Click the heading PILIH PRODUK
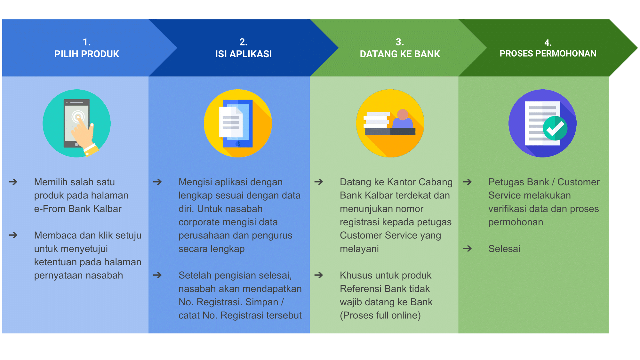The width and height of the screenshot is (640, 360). (x=87, y=54)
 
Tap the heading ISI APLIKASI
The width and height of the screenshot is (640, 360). (x=243, y=54)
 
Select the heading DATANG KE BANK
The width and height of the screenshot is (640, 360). (x=400, y=54)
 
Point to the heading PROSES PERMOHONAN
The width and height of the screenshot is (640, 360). (x=548, y=53)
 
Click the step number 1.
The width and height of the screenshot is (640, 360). (x=86, y=42)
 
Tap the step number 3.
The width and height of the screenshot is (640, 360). (x=399, y=42)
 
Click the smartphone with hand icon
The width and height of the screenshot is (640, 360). (x=77, y=123)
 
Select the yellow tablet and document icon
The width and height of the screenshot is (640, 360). (x=238, y=123)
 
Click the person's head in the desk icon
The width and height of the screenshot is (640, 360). (x=403, y=114)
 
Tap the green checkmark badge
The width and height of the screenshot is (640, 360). (x=555, y=128)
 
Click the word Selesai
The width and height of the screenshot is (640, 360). (x=504, y=249)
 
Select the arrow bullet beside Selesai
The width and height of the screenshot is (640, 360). (x=468, y=248)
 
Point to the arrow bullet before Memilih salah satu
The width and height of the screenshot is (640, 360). (x=13, y=182)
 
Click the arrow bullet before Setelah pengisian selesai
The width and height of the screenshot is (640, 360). (x=157, y=275)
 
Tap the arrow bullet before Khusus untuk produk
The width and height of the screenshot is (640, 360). (x=319, y=275)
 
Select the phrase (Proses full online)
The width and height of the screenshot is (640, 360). (x=380, y=315)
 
